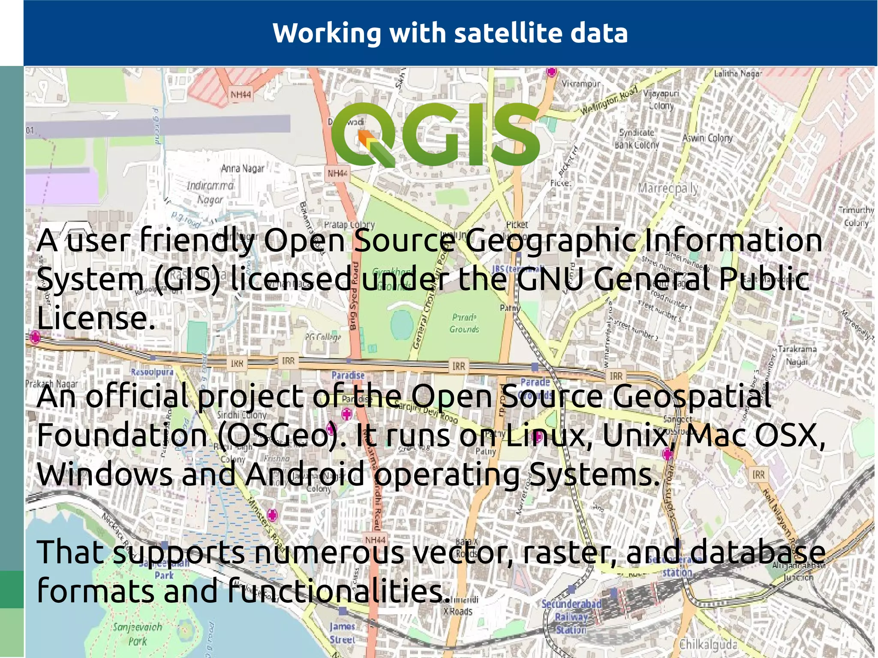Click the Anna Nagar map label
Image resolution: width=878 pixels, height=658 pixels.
[x=243, y=168]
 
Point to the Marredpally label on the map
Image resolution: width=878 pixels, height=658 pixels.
[x=668, y=188]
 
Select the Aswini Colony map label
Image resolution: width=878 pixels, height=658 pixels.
[x=708, y=138]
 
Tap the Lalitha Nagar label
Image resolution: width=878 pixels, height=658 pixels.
[x=738, y=74]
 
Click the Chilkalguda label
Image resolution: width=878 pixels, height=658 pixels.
[x=708, y=644]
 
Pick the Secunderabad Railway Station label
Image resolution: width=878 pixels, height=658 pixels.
[x=571, y=616]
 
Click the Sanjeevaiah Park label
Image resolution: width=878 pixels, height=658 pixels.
[x=138, y=634]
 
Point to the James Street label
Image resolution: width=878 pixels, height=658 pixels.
[x=343, y=633]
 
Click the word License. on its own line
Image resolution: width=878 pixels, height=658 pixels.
[x=96, y=318]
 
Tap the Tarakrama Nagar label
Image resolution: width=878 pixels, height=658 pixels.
[x=797, y=355]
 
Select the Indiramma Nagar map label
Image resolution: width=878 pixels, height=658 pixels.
[x=210, y=192]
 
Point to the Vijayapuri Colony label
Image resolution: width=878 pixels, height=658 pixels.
[x=661, y=99]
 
